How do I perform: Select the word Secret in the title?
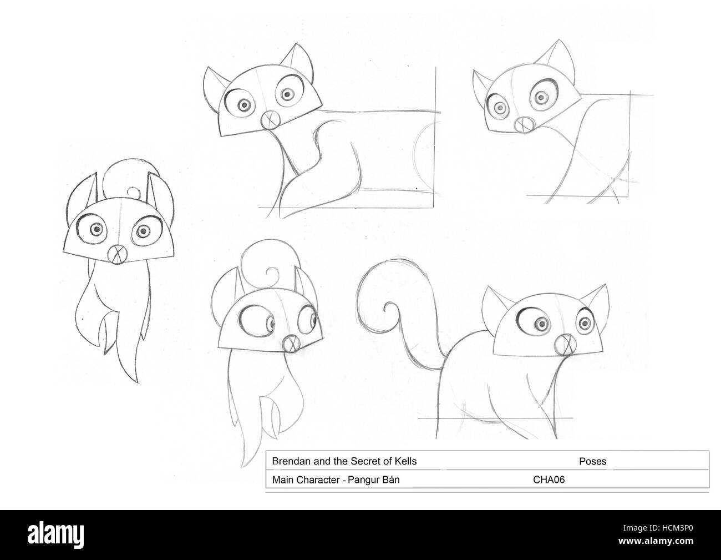pyautogui.click(x=368, y=461)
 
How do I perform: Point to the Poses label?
pyautogui.click(x=592, y=461)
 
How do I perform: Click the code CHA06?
pyautogui.click(x=549, y=480)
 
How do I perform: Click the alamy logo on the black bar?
pyautogui.click(x=56, y=535)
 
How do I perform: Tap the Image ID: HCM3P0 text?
pyautogui.click(x=658, y=528)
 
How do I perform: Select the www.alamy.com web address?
pyautogui.click(x=656, y=541)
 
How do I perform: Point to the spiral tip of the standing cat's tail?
pyautogui.click(x=387, y=308)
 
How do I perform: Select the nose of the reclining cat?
pyautogui.click(x=270, y=119)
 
